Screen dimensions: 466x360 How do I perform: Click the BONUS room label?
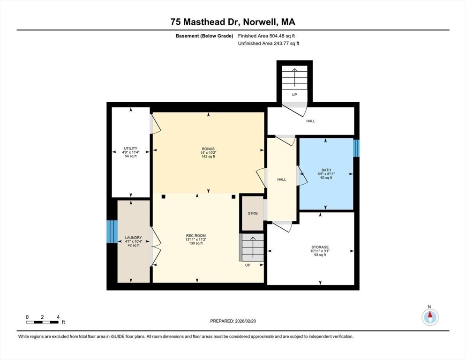pos(208,149)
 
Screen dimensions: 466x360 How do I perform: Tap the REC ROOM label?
pos(195,236)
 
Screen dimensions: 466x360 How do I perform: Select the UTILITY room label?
pos(131,148)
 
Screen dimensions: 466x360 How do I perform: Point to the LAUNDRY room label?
pos(134,238)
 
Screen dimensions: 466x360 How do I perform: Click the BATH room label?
pos(326,170)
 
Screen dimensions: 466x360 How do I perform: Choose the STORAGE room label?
pos(320,247)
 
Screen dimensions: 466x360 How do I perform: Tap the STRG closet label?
pos(253,213)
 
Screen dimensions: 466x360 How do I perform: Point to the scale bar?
pos(42,322)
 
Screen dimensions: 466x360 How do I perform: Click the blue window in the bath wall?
pos(356,148)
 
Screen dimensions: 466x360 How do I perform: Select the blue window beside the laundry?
pos(112,232)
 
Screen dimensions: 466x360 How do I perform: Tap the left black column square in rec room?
pos(163,196)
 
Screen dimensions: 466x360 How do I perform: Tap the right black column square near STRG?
pos(233,196)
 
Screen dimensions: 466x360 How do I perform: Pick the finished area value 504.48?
pos(276,36)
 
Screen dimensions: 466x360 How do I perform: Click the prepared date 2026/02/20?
pos(246,321)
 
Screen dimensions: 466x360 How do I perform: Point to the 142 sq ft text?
pos(208,157)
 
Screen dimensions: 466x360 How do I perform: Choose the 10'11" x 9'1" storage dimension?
pos(320,251)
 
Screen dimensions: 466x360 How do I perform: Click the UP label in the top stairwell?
pos(294,95)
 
